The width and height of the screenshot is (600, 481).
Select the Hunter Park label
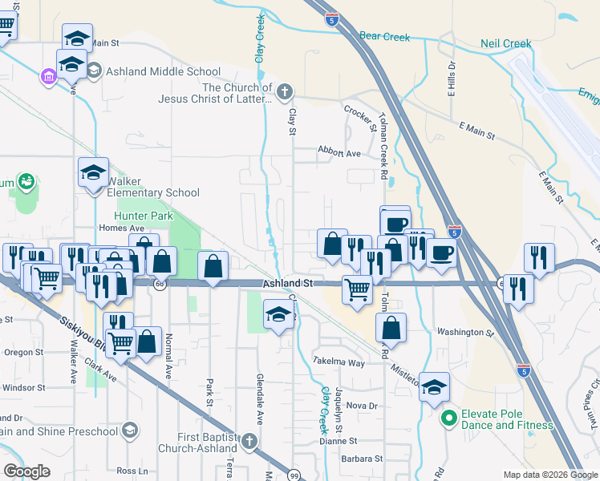(144, 216)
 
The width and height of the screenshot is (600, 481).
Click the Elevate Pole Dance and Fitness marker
(448, 418)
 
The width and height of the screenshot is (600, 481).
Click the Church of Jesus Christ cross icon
(283, 93)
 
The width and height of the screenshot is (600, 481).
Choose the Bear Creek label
(384, 37)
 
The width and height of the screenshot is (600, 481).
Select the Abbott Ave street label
(339, 153)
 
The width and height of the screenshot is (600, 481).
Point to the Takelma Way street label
(339, 362)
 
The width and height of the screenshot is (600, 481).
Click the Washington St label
(465, 332)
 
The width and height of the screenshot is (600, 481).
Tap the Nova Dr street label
(362, 406)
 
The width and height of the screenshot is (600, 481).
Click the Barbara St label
(362, 459)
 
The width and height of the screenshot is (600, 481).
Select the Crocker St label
(359, 117)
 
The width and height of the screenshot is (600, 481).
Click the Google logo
(26, 471)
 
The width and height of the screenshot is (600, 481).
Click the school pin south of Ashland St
(278, 316)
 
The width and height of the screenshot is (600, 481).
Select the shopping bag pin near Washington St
(391, 327)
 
